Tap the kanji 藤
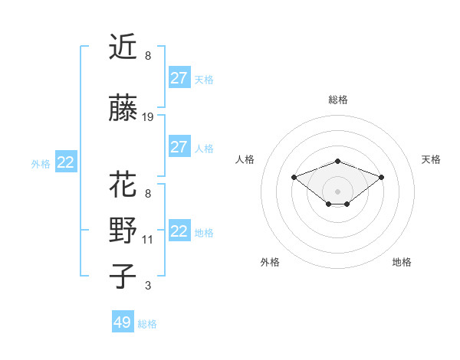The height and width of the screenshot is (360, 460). click(x=123, y=109)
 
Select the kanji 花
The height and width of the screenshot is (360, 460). click(x=123, y=185)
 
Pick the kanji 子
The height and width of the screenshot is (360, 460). click(x=123, y=277)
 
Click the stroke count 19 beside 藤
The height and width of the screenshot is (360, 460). click(x=148, y=117)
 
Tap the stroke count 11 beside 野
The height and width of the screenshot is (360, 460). click(x=148, y=240)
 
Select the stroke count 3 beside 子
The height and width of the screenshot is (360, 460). click(x=148, y=286)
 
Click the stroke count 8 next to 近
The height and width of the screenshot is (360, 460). click(x=148, y=56)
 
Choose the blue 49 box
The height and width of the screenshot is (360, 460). click(x=123, y=322)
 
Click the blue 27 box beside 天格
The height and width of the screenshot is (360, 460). click(x=179, y=77)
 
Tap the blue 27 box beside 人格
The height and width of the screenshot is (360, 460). click(x=179, y=147)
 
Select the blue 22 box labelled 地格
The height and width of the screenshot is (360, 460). click(x=179, y=231)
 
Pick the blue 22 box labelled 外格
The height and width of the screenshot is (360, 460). click(x=66, y=162)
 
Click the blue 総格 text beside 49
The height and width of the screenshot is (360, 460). click(x=147, y=324)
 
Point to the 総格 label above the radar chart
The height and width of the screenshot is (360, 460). click(x=337, y=100)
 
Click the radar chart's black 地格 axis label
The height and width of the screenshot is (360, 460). click(x=402, y=262)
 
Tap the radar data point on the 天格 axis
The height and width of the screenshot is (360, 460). click(x=381, y=177)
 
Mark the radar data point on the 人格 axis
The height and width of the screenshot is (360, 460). click(x=294, y=177)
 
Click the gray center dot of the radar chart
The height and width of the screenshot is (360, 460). click(x=337, y=191)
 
